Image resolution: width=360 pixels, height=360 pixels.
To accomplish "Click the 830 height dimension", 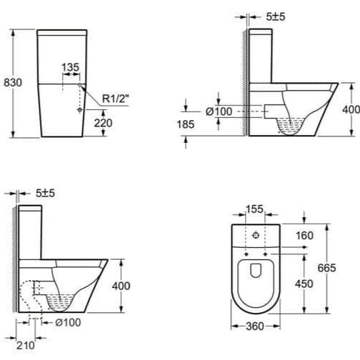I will click(13, 82).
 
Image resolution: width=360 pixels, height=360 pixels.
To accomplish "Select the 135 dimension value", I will click(71, 67).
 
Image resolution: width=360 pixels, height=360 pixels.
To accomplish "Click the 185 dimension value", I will click(185, 124).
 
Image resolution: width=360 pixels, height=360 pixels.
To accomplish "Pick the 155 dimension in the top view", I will click(255, 210).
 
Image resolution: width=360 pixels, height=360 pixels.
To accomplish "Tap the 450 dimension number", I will click(304, 284).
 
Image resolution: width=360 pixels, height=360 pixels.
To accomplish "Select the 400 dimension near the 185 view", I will click(351, 109).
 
